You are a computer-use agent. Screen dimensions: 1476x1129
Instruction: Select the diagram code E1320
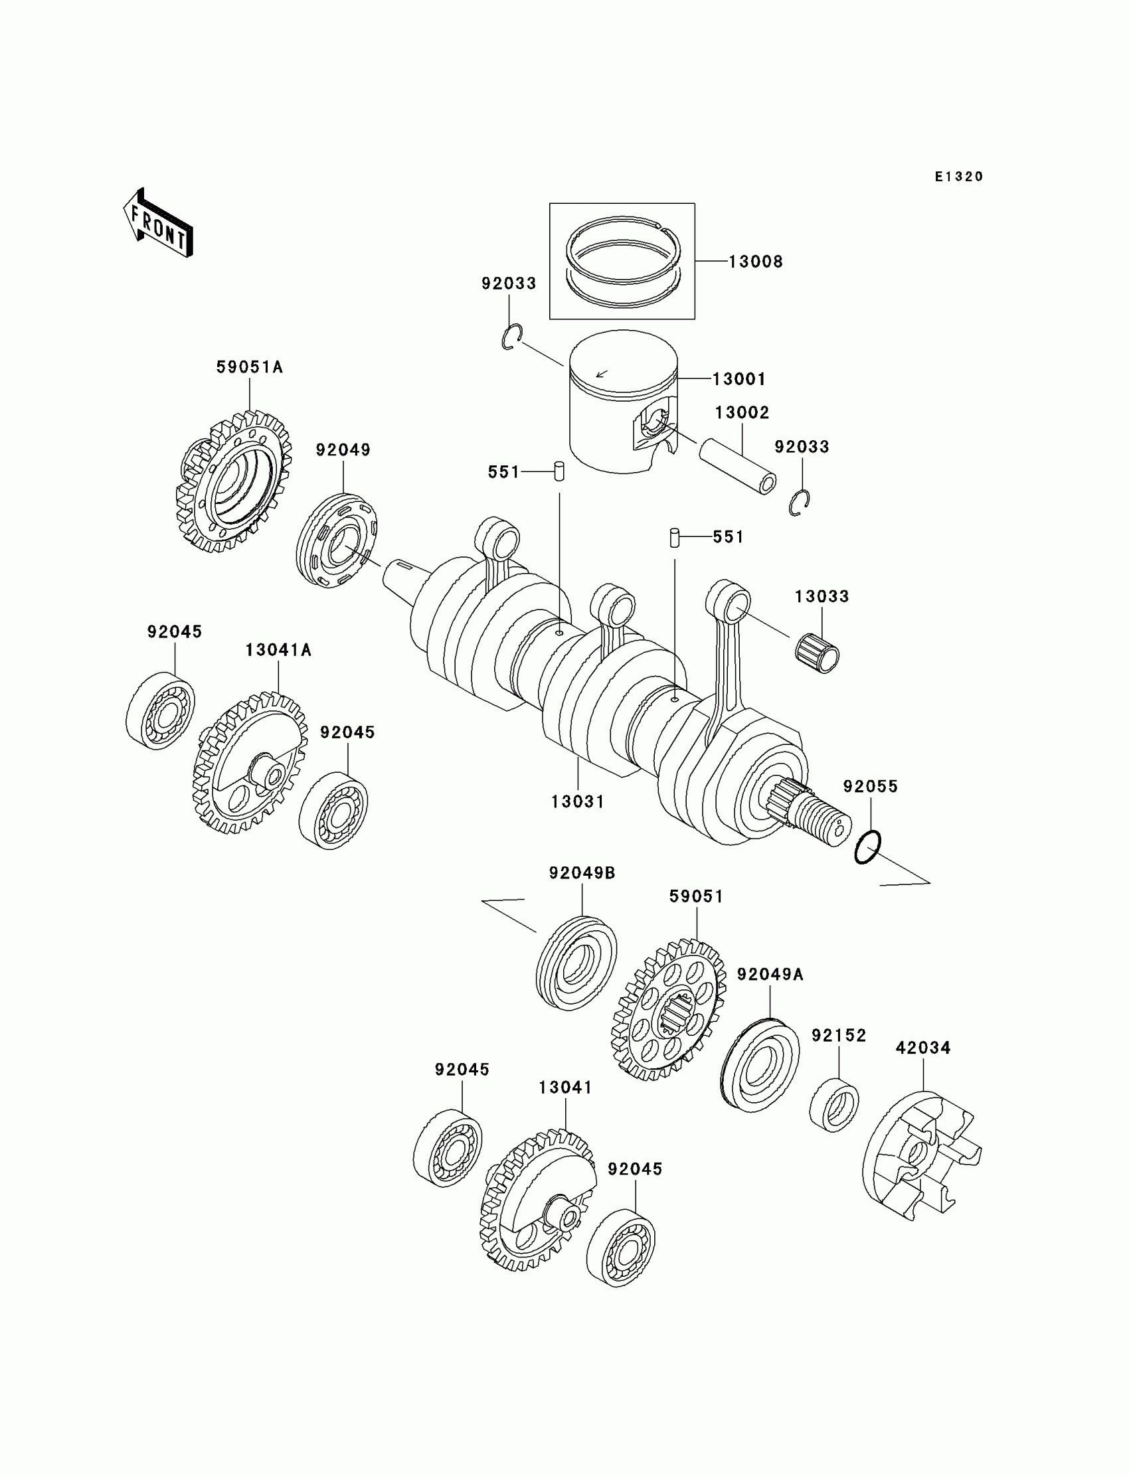point(959,177)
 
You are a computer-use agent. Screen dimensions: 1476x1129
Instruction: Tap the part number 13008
point(756,262)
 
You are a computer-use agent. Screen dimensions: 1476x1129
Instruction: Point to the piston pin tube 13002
point(738,465)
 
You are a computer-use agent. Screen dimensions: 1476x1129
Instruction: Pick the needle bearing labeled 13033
point(817,651)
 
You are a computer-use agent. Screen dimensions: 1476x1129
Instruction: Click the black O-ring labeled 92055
point(867,847)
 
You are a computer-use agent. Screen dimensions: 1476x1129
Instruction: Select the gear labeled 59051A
point(236,481)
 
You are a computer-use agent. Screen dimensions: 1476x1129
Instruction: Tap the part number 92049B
point(582,873)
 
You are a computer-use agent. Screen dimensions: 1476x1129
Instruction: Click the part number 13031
point(578,801)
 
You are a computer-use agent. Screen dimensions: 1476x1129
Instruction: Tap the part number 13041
point(565,1088)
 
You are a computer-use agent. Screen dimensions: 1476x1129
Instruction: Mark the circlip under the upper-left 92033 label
point(511,337)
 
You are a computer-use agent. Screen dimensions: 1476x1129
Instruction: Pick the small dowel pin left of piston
point(559,471)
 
